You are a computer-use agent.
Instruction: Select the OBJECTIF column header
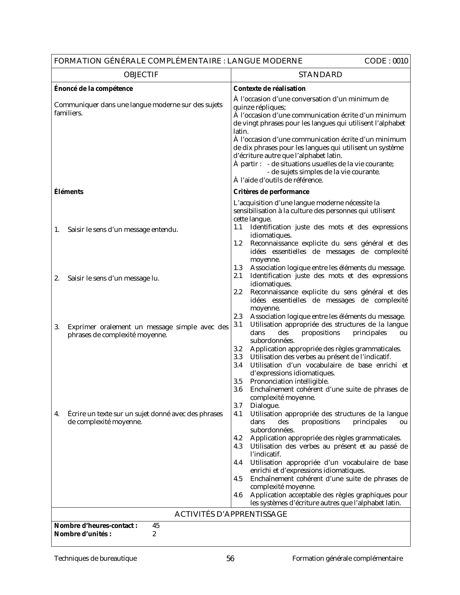(x=141, y=75)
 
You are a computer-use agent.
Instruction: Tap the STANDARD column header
(x=320, y=75)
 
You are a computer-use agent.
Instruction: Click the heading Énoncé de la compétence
(x=93, y=89)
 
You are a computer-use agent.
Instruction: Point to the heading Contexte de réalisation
(x=270, y=89)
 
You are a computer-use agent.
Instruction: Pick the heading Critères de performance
(x=271, y=192)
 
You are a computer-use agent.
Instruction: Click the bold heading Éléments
(x=69, y=192)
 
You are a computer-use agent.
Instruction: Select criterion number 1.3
(x=238, y=268)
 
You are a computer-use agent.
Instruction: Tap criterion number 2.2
(x=238, y=292)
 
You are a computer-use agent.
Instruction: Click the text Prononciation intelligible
(x=289, y=382)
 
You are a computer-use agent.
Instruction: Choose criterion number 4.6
(x=238, y=495)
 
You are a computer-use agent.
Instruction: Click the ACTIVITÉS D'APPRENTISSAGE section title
(x=231, y=514)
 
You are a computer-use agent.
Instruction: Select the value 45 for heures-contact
(x=156, y=526)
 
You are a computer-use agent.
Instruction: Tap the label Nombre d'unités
(x=83, y=534)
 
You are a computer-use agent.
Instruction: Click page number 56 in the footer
(x=230, y=559)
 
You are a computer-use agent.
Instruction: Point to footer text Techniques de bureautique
(x=95, y=559)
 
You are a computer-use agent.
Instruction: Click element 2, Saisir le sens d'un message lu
(x=113, y=278)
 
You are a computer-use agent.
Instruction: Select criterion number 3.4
(x=238, y=365)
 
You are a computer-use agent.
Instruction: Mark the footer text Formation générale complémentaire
(x=347, y=559)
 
